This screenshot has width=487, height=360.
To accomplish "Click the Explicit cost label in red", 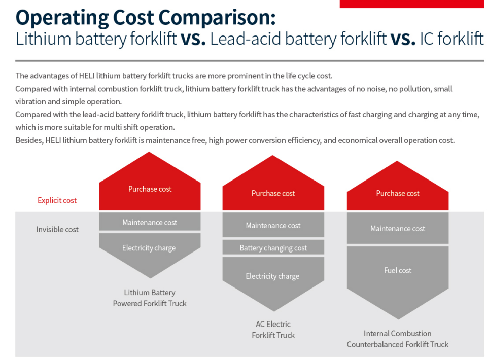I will point(57,200).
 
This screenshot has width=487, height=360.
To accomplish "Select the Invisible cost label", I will point(57,229).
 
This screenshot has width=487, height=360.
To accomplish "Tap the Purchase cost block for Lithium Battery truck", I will point(150,189).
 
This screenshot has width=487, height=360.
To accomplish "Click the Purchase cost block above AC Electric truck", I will point(273,193).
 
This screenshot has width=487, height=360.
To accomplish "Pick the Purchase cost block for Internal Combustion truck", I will point(398,193).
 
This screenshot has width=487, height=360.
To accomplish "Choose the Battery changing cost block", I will point(273,248).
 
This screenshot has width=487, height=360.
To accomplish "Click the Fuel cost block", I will point(398,270).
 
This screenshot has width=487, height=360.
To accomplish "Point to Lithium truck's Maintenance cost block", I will point(150,222).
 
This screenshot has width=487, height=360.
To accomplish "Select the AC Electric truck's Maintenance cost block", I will point(273,225).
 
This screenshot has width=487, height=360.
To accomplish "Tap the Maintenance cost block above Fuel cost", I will point(398,229).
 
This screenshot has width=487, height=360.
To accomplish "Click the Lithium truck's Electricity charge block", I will point(149,248).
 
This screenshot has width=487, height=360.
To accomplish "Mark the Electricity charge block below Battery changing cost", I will point(273,276).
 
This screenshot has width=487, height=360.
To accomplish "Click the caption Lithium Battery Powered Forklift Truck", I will point(150,298).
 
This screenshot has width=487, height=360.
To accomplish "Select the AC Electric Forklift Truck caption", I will point(273,330).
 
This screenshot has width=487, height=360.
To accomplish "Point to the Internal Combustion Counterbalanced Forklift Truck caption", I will point(398,339).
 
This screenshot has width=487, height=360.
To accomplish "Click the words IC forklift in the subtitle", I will point(451,39).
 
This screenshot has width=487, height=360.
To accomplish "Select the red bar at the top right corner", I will point(411,4).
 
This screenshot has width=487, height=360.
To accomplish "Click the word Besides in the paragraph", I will point(28,140).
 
